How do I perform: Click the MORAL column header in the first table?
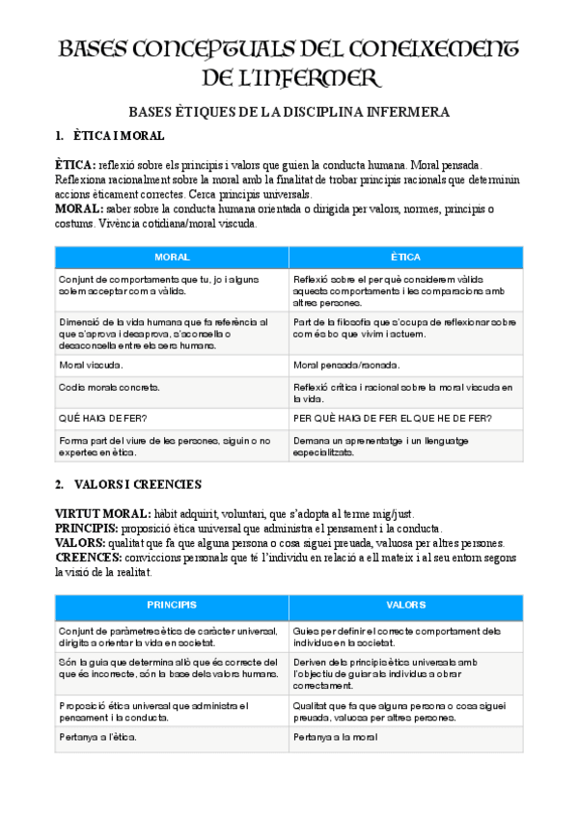(x=172, y=258)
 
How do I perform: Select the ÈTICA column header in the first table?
(x=405, y=258)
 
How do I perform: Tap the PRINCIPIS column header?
(x=172, y=605)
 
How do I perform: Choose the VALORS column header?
(x=405, y=605)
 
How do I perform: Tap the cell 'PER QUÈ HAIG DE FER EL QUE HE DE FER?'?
(x=393, y=417)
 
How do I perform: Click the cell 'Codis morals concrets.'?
(x=109, y=387)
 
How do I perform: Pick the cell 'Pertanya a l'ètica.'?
(x=96, y=737)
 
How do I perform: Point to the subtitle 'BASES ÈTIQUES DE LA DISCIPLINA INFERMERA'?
(x=289, y=113)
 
